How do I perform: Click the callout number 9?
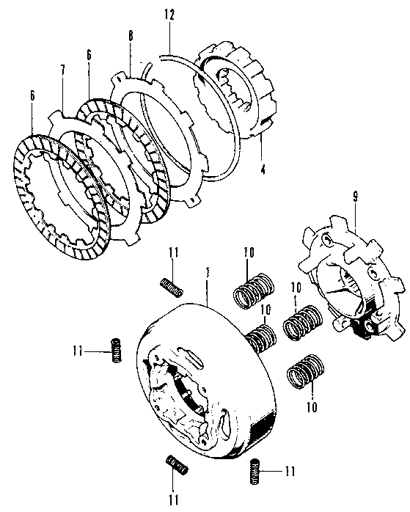pos(354,197)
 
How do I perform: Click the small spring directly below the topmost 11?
pos(170,287)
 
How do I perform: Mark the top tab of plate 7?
pos(54,117)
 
